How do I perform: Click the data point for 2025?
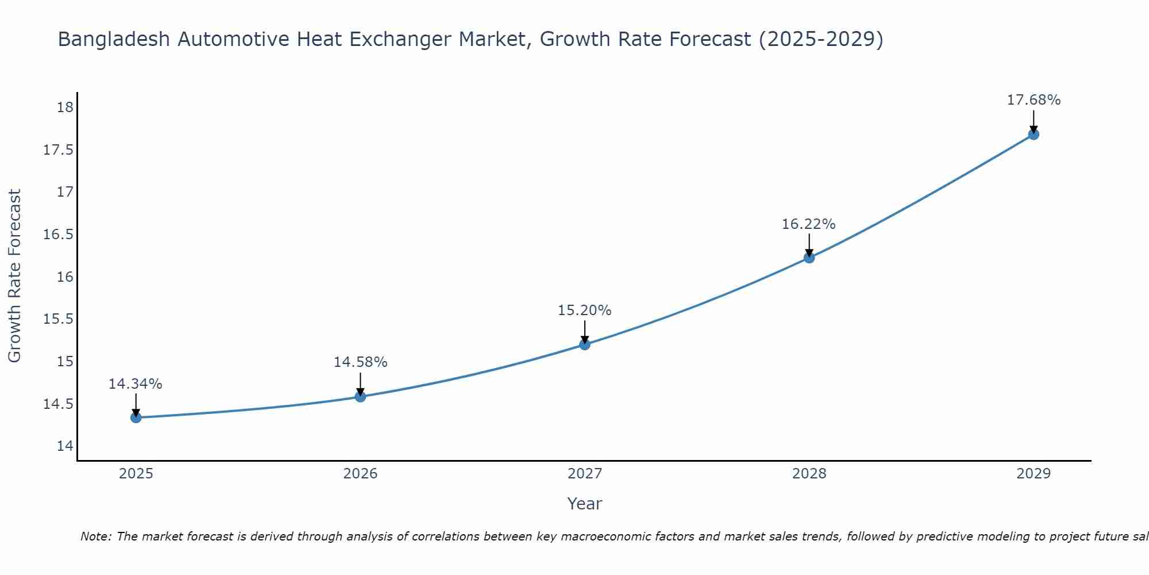click(136, 417)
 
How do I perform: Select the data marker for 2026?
click(360, 396)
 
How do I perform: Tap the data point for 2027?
click(585, 344)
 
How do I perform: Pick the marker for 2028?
click(809, 258)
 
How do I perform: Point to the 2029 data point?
click(1034, 135)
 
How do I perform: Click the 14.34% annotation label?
click(136, 384)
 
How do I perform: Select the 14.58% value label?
click(360, 362)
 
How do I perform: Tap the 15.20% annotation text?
click(584, 310)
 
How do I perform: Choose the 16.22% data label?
click(808, 224)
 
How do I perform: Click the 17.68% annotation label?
click(1034, 100)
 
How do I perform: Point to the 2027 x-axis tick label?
click(585, 474)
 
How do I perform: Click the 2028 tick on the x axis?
click(809, 474)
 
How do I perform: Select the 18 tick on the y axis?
click(65, 108)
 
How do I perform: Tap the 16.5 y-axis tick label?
click(59, 235)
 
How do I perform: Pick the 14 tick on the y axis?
click(65, 446)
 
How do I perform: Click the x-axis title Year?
click(584, 504)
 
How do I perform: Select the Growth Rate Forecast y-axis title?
click(15, 276)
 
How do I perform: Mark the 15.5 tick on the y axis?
click(59, 319)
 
